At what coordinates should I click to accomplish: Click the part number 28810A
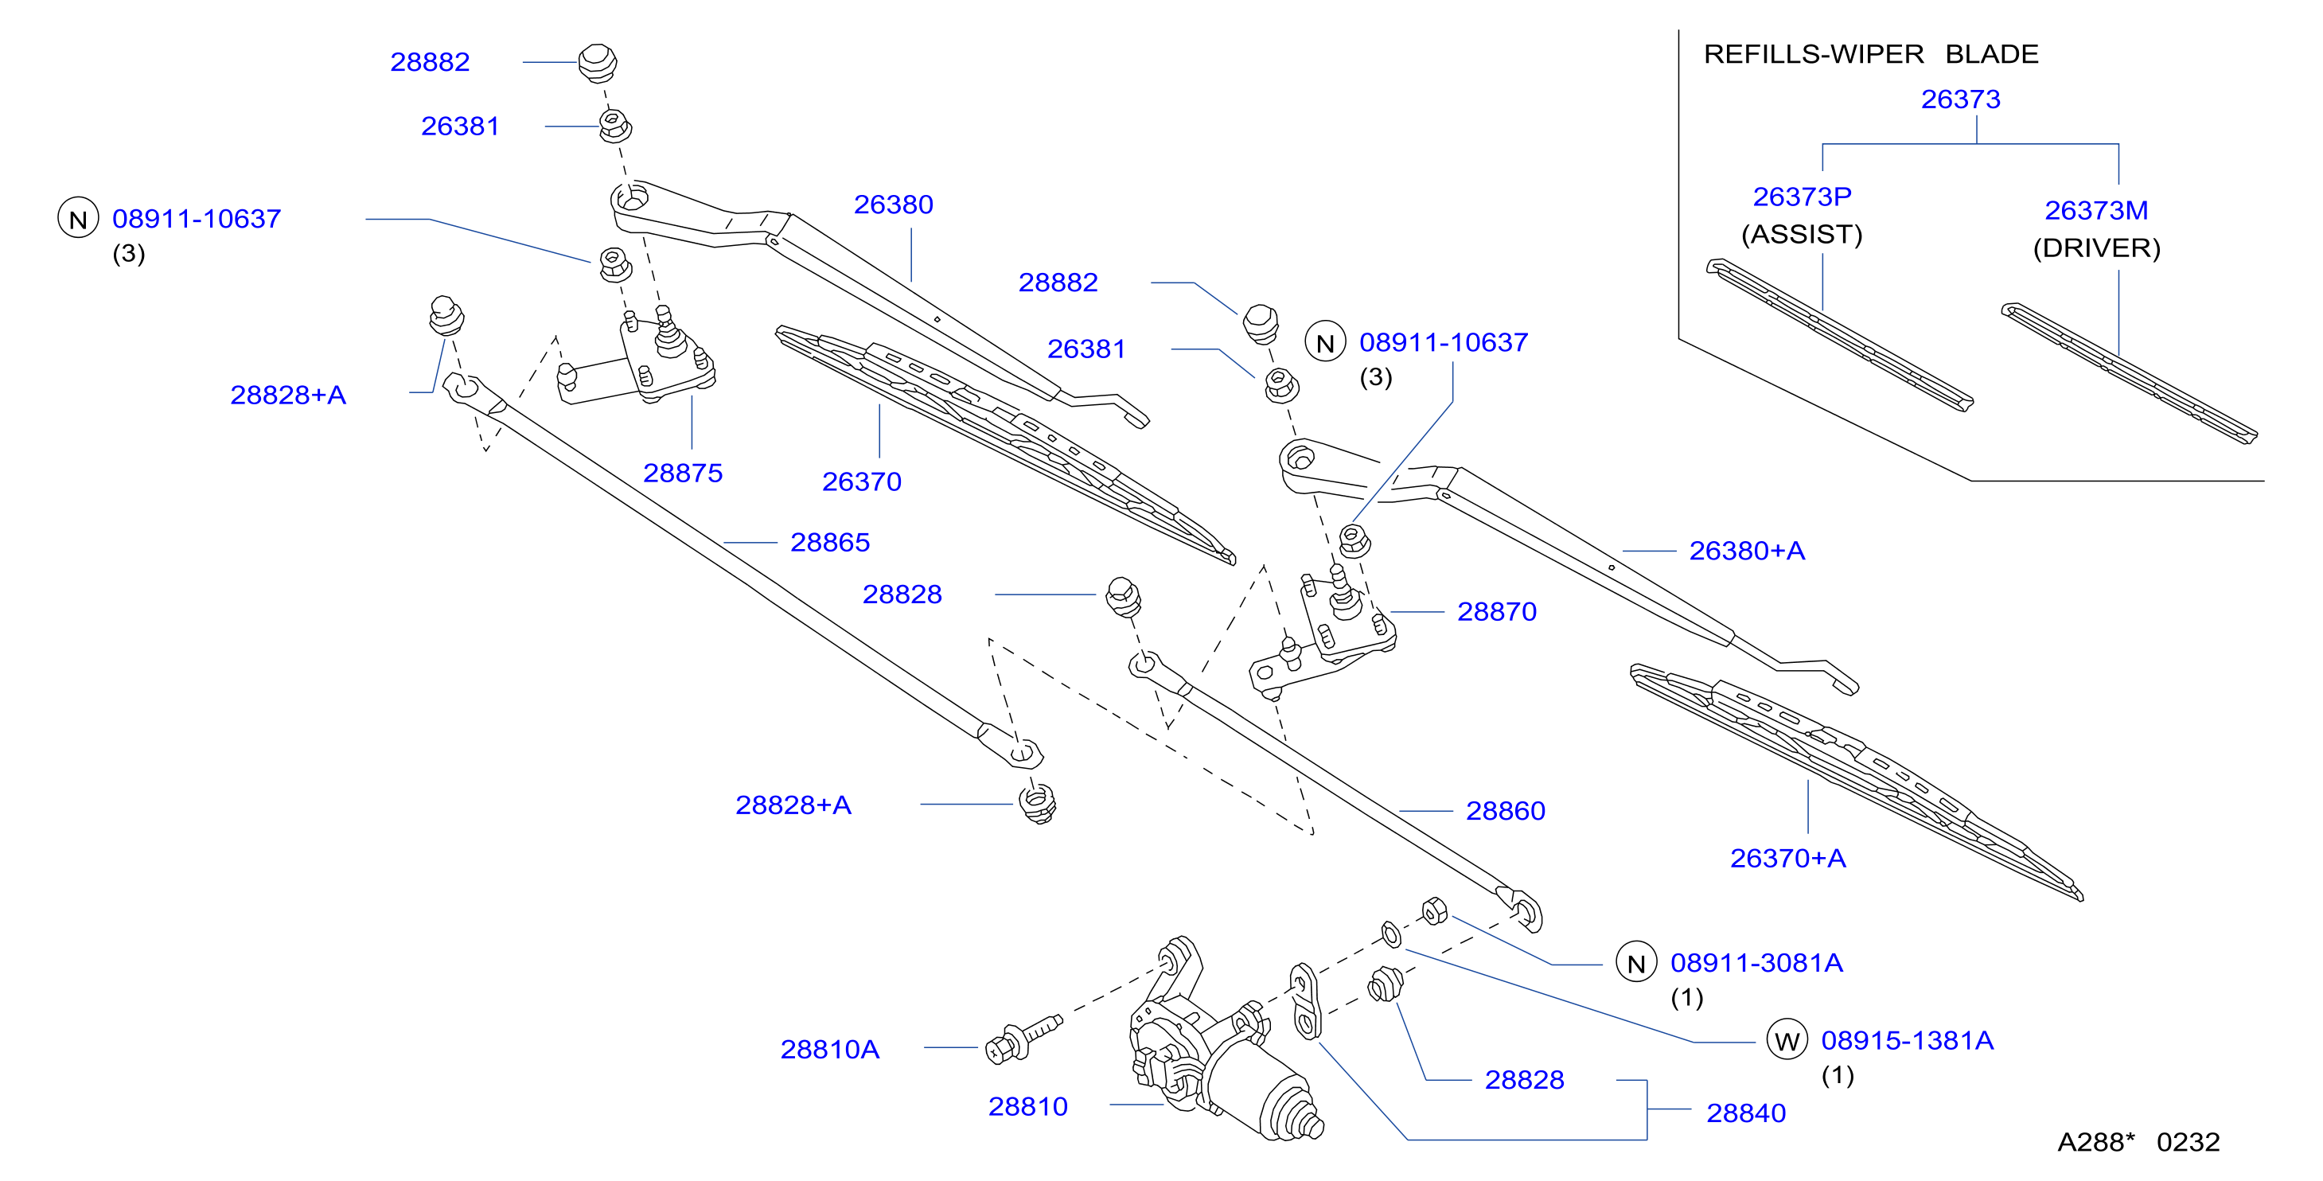point(829,1050)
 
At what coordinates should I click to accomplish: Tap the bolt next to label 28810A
point(1024,1039)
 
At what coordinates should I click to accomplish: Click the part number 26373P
point(1802,197)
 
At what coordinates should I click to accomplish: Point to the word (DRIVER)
point(2097,248)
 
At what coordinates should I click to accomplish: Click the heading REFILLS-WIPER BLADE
point(1871,54)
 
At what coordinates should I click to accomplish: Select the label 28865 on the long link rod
point(829,543)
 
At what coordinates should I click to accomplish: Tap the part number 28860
point(1505,812)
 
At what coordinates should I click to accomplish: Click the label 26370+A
point(1788,858)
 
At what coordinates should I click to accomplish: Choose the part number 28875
point(683,474)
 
